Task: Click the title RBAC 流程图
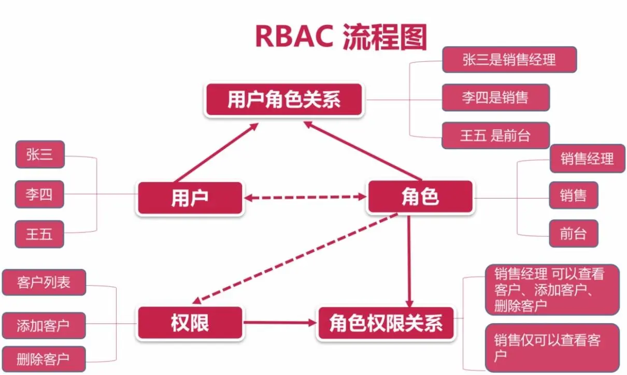coord(340,35)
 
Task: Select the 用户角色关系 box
coord(284,100)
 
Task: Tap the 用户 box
coord(190,198)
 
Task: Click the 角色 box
coord(420,197)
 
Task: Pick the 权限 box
coord(190,323)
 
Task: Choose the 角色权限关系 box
coord(386,323)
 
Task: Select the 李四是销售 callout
coord(495,97)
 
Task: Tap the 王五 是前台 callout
coord(495,136)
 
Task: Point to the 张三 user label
coord(40,155)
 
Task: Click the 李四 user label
coord(40,195)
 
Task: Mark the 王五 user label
coord(40,234)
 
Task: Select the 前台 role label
coord(573,233)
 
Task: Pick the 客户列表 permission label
coord(44,283)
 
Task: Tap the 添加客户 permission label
coord(43,326)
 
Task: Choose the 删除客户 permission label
coord(43,359)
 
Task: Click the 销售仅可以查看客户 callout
coord(552,348)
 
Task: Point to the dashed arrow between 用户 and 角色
coord(305,197)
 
